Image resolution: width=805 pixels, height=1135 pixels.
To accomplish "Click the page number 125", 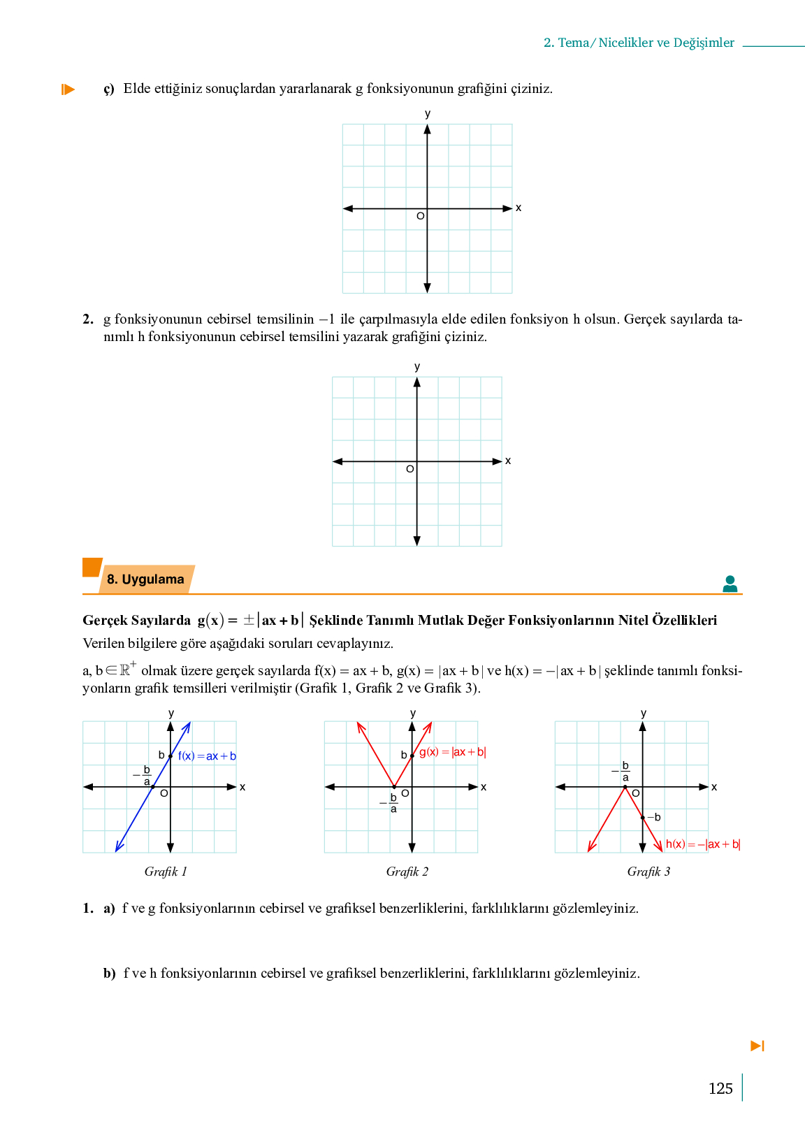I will click(x=720, y=1089).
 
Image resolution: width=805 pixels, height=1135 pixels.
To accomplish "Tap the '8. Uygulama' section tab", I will click(x=145, y=579).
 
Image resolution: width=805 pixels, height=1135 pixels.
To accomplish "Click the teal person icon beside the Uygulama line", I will click(x=730, y=584).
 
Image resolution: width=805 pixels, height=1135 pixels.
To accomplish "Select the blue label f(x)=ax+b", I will click(x=207, y=756).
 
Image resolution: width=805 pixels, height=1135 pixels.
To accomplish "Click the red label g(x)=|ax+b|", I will click(x=452, y=752).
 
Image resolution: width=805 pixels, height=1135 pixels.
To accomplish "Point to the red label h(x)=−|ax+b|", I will click(x=702, y=844).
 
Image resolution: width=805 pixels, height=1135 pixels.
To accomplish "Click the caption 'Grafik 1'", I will click(x=166, y=872).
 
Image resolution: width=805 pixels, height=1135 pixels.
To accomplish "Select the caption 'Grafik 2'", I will click(x=407, y=872).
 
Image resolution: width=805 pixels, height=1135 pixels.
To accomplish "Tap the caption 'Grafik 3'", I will click(x=648, y=872).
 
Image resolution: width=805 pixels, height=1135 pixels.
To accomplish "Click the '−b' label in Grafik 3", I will click(x=654, y=817).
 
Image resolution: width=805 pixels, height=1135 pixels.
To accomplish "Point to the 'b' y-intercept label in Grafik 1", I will click(x=161, y=755).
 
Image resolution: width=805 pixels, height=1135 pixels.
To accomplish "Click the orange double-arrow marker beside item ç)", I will click(x=68, y=89).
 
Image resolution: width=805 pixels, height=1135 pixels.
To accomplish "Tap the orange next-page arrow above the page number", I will click(x=757, y=1046).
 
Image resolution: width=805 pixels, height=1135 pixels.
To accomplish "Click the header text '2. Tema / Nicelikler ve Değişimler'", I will click(x=639, y=43).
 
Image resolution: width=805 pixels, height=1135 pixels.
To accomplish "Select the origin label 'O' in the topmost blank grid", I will click(x=420, y=217).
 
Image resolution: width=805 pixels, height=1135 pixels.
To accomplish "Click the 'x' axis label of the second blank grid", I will click(x=508, y=461).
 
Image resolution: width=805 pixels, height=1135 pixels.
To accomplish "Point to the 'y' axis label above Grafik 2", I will click(x=413, y=713).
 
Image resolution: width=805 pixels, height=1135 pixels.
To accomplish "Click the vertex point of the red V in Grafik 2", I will click(x=394, y=787).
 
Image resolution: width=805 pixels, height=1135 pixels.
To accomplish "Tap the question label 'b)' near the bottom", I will click(x=109, y=974).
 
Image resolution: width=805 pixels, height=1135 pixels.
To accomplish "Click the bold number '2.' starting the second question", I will click(x=88, y=319).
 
